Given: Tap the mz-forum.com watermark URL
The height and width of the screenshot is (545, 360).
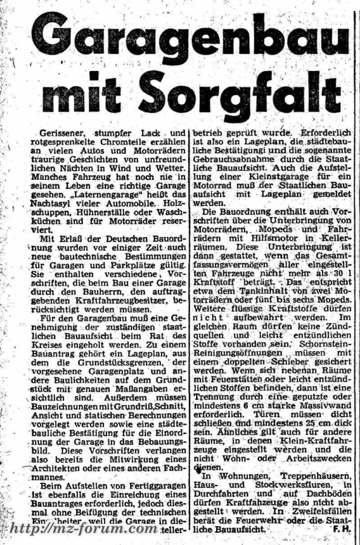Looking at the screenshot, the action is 84,527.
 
